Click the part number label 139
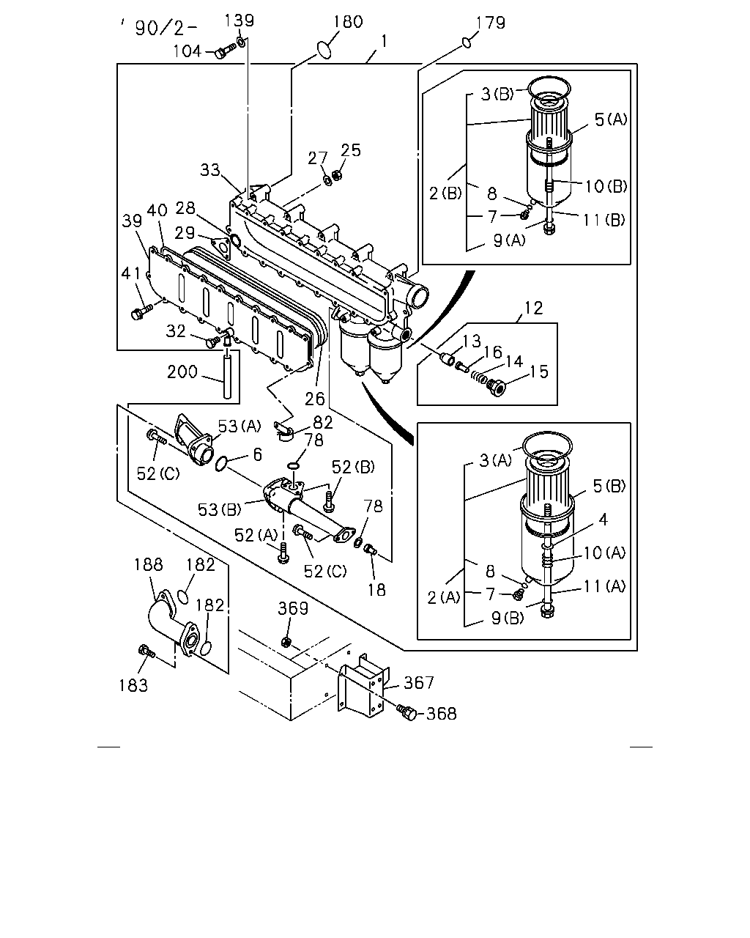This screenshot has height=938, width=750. (x=240, y=21)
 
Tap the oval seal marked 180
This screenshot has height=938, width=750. (x=324, y=50)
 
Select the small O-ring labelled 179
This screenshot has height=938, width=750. (x=467, y=43)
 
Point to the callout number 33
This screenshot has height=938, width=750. (x=209, y=170)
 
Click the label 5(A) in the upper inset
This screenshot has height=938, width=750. (x=611, y=119)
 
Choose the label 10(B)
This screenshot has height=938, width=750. (x=606, y=187)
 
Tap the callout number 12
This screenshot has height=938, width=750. (x=533, y=309)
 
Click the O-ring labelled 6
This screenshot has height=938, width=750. (x=221, y=464)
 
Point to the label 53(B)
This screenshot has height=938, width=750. (x=220, y=509)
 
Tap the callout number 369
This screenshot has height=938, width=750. (x=293, y=608)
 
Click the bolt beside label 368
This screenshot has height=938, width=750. (x=407, y=712)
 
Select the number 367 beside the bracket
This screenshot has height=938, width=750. (x=419, y=682)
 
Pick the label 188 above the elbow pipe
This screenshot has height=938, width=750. (x=148, y=564)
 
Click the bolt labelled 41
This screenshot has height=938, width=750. (x=141, y=311)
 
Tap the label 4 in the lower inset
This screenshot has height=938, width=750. (x=603, y=520)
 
